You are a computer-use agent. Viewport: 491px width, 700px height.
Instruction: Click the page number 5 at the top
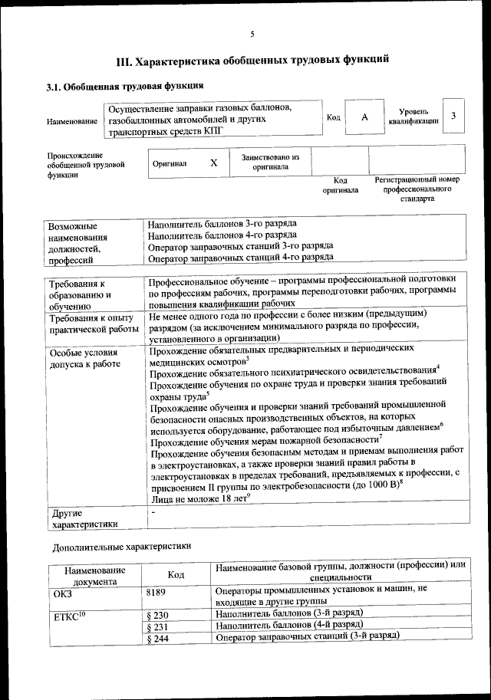[252, 33]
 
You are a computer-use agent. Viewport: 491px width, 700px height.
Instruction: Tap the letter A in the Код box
[364, 117]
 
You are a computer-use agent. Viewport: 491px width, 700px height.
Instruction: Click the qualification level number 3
[454, 116]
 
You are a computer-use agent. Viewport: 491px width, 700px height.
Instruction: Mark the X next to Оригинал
[214, 163]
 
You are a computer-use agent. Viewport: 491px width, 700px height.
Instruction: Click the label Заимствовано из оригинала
[270, 162]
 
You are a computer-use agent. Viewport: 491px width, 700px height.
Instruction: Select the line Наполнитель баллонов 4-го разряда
[223, 235]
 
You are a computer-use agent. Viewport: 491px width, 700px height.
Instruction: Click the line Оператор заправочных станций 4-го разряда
[240, 258]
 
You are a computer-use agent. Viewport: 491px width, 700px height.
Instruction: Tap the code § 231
[157, 626]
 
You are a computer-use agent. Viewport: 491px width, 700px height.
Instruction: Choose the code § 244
[157, 639]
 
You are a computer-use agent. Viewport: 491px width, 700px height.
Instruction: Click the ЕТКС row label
[70, 616]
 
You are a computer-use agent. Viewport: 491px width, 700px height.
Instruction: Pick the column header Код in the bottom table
[176, 575]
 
